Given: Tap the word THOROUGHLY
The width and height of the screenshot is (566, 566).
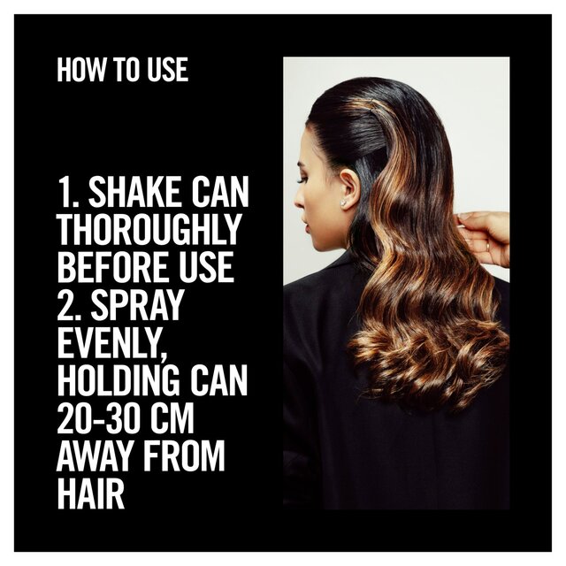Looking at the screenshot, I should [149, 229].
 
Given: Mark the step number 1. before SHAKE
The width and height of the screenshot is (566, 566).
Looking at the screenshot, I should [66, 193].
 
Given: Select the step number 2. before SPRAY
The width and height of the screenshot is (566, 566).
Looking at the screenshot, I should [68, 303].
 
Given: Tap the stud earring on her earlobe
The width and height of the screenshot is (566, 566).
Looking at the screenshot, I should [344, 203].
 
